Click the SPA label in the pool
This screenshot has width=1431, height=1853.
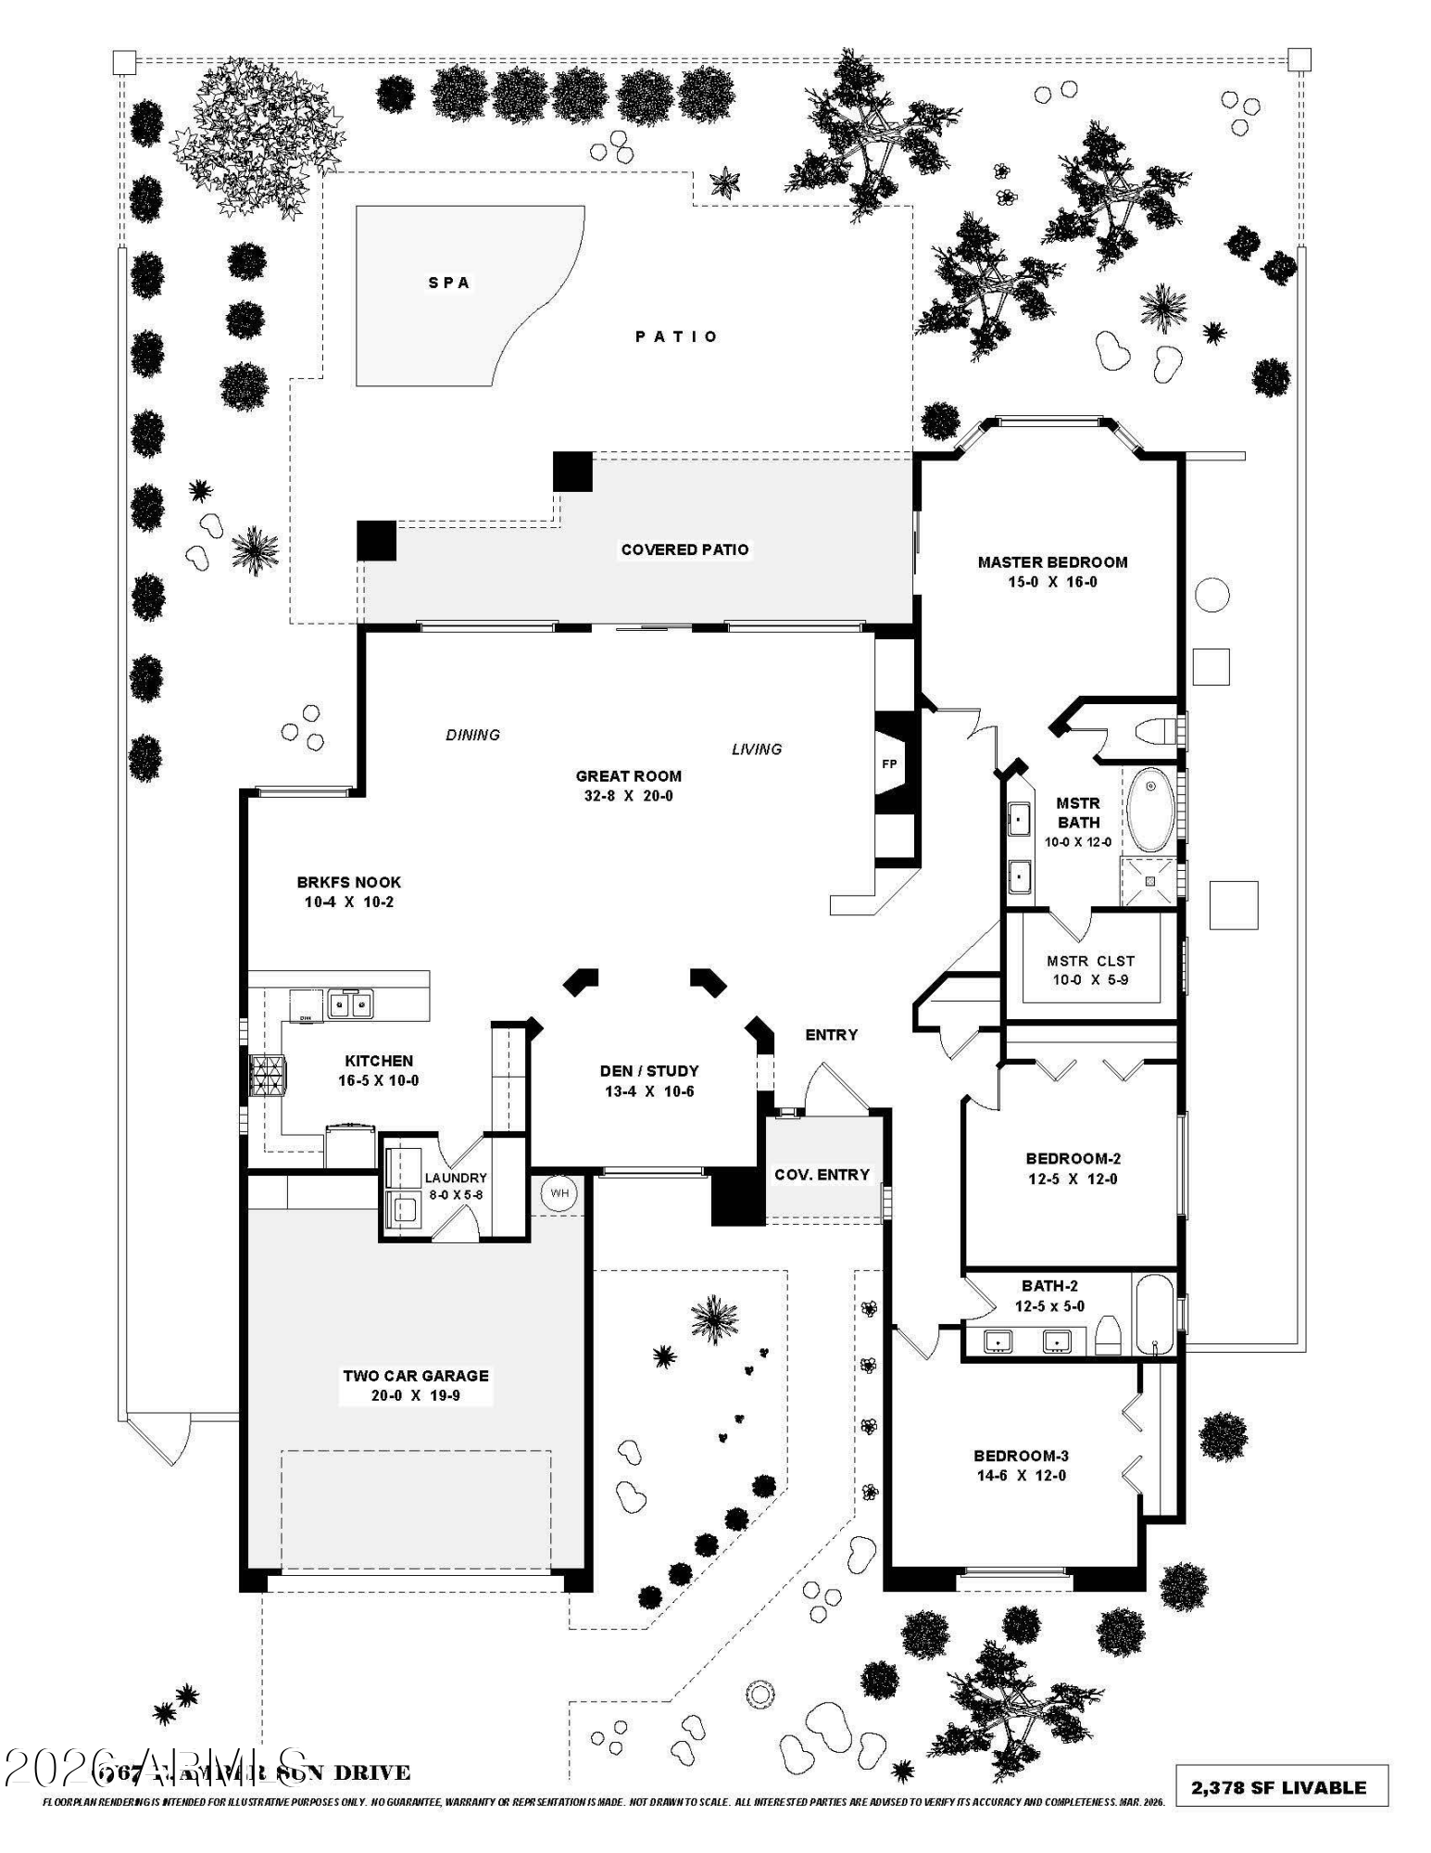[449, 283]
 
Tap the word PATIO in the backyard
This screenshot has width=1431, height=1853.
[676, 336]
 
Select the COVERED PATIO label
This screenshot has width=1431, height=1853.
[684, 549]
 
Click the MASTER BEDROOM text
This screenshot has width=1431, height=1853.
[1052, 561]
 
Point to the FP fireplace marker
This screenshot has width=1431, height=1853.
[889, 763]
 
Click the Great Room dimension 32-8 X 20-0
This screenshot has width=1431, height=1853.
[628, 796]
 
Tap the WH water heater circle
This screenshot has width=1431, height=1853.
[559, 1192]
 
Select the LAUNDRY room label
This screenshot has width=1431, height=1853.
[456, 1178]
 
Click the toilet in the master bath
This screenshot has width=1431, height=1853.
[1153, 730]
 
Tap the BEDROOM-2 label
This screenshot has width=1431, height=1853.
[1073, 1158]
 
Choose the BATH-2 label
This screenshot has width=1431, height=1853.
[1049, 1286]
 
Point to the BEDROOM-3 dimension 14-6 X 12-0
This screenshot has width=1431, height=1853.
[1020, 1476]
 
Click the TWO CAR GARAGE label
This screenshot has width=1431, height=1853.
[416, 1376]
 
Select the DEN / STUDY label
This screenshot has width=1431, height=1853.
[649, 1071]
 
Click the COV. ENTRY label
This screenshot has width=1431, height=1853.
[822, 1175]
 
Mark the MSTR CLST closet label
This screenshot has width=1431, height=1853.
[1090, 961]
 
